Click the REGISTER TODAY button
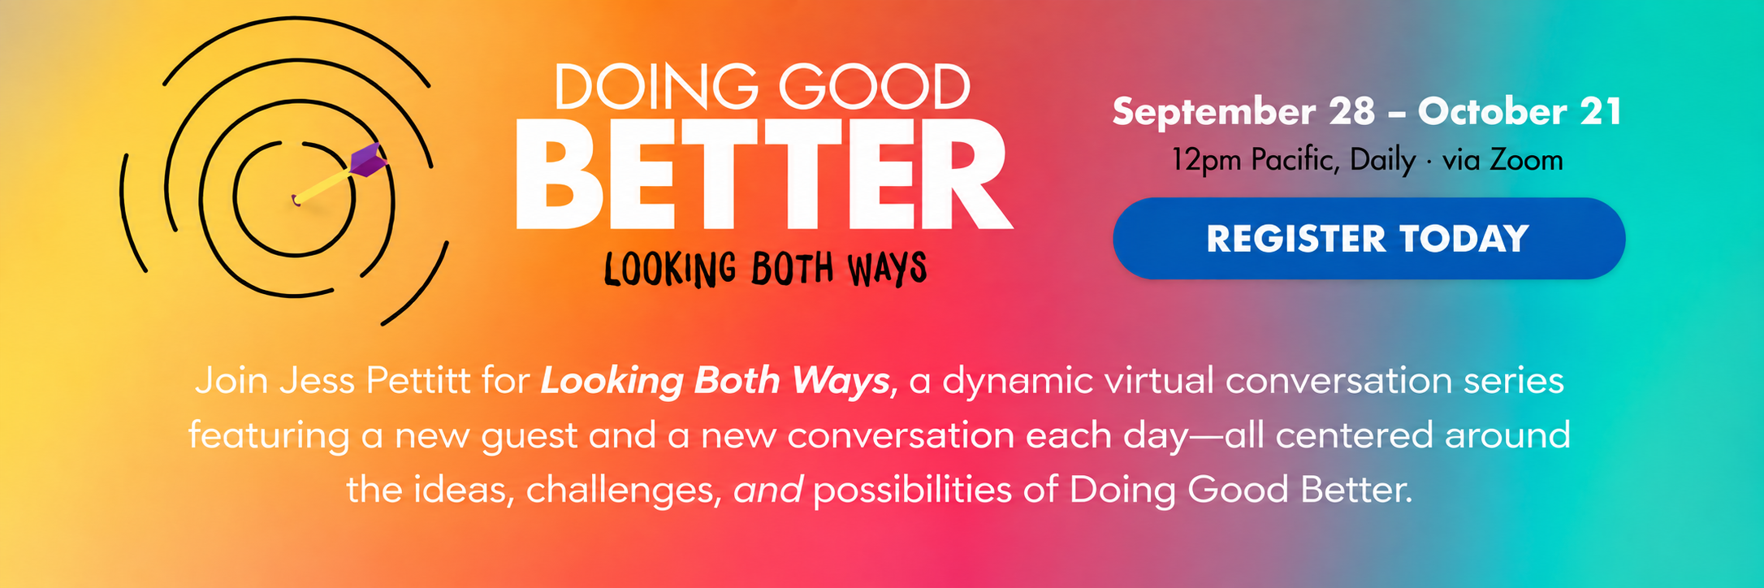[1368, 239]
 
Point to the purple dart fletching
[368, 159]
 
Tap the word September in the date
[1214, 113]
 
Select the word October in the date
[1493, 111]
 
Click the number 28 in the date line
[1352, 111]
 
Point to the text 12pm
[1206, 162]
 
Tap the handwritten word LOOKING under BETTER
[670, 269]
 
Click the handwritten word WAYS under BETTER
[888, 269]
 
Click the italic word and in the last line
[768, 490]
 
